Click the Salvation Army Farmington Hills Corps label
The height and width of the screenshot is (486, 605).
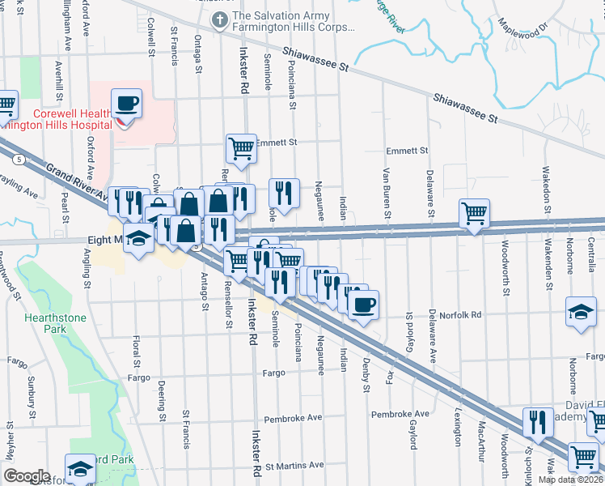293,21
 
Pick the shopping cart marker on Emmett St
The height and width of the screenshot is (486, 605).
241,148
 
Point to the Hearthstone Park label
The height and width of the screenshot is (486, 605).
53,324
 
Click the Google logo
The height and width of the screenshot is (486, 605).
27,475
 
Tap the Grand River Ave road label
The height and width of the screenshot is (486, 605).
78,183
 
